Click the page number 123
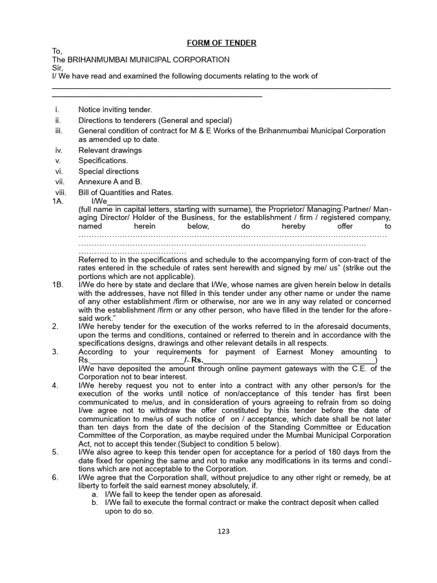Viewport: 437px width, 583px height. [223, 531]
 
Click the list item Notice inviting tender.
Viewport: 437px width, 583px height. [115, 109]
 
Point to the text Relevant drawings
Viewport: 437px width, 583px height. [110, 150]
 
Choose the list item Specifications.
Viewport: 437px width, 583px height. [103, 161]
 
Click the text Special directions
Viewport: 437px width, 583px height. [108, 171]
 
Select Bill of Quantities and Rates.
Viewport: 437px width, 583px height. [126, 192]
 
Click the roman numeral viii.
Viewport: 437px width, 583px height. [61, 192]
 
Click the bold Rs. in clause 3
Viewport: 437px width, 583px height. [197, 360]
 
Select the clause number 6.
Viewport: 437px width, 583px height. [55, 478]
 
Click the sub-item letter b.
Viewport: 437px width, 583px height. [94, 503]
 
